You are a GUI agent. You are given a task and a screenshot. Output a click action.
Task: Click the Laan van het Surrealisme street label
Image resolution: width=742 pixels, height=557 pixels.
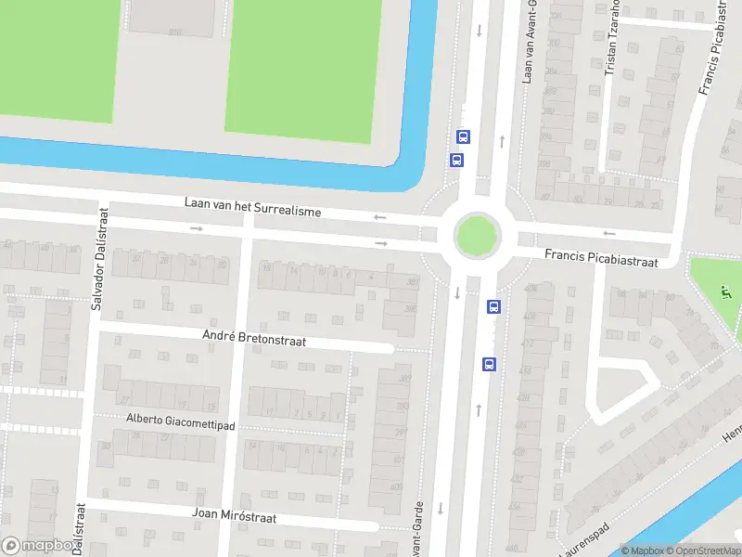click(x=252, y=206)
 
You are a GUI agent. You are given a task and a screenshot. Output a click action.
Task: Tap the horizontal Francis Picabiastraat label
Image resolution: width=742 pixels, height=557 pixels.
click(x=601, y=257)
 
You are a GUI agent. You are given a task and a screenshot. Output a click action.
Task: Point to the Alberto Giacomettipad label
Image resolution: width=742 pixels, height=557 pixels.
click(x=182, y=421)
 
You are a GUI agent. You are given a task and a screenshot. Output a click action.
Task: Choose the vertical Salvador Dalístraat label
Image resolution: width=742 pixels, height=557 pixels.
click(x=97, y=258)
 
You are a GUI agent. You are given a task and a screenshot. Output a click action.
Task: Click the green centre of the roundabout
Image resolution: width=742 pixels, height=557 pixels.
click(x=476, y=233)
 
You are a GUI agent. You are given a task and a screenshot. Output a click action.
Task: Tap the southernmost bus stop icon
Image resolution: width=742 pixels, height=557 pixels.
click(x=487, y=364)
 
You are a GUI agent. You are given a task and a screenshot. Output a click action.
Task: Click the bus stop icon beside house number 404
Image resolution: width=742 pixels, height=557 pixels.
click(x=493, y=305)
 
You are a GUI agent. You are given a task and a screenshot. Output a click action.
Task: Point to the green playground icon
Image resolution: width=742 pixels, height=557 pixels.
click(x=726, y=295)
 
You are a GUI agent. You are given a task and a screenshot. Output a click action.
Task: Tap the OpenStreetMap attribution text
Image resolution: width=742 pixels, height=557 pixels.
click(x=701, y=551)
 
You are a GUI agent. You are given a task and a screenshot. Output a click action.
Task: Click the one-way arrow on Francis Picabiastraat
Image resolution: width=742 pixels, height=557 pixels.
click(x=609, y=234)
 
